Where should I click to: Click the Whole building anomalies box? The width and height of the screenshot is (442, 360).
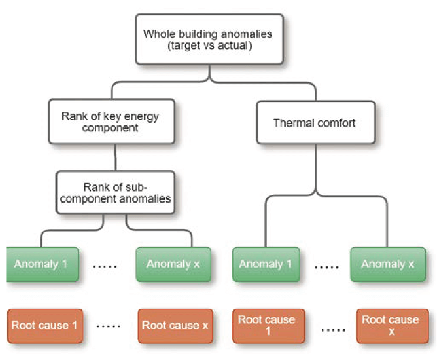(210, 39)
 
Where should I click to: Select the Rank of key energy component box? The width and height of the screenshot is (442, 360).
(112, 121)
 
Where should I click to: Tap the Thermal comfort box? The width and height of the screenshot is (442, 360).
(315, 123)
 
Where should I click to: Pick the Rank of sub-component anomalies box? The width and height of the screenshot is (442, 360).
(115, 193)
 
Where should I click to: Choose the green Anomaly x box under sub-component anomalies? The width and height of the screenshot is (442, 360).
(174, 265)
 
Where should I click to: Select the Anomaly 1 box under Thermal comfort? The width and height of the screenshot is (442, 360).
(266, 265)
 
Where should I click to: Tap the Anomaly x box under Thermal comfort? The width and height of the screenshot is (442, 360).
(388, 265)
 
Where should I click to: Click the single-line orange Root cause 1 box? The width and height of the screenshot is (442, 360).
(45, 326)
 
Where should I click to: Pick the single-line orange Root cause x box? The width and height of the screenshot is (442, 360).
(175, 326)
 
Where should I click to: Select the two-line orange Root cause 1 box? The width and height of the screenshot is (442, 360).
(268, 326)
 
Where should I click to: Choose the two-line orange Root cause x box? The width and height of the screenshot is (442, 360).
(392, 326)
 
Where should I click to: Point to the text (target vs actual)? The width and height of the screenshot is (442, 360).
(210, 46)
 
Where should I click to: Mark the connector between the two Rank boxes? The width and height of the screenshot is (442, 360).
(115, 157)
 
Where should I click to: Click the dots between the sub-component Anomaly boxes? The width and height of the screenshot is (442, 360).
(105, 266)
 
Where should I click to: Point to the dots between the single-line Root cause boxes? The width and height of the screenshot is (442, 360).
(108, 326)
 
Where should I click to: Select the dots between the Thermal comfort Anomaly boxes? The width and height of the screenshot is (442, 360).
(327, 267)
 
